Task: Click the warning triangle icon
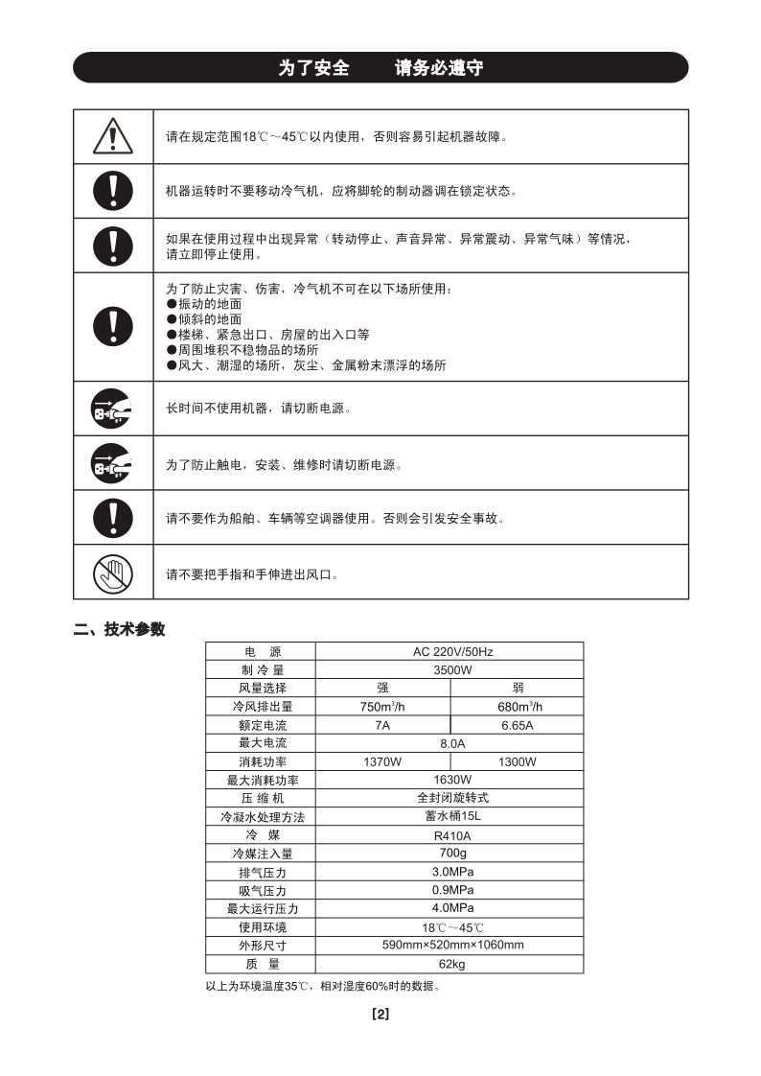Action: (x=112, y=137)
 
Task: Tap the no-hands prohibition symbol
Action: (x=112, y=573)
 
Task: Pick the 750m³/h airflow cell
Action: (x=382, y=707)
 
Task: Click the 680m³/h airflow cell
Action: (x=517, y=707)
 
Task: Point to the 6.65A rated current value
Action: (x=517, y=725)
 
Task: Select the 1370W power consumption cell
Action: (x=382, y=761)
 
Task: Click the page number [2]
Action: (x=380, y=1015)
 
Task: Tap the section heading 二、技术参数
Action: (x=120, y=630)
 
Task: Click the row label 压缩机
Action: (x=261, y=798)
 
